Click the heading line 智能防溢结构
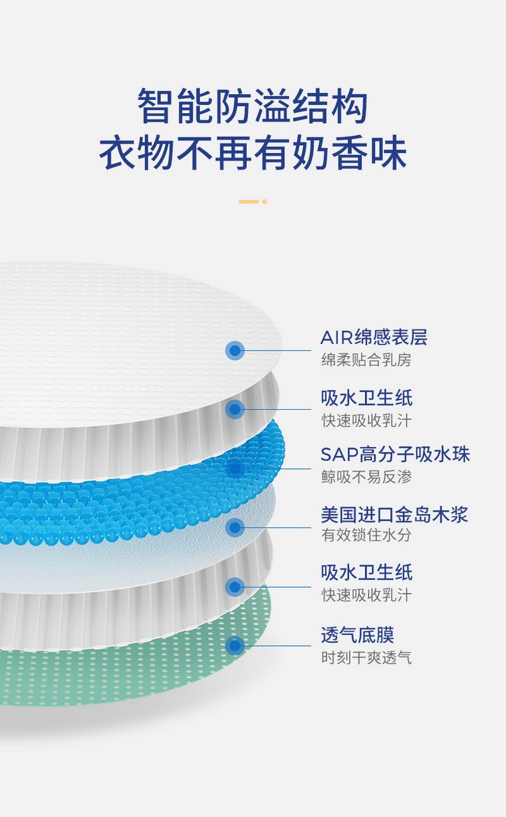pos(252,106)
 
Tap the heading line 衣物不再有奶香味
pos(253,152)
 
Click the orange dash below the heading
pos(249,202)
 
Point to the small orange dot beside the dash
pos(265,202)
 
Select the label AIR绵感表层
pos(374,337)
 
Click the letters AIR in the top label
pos(337,337)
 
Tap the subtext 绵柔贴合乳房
pos(366,360)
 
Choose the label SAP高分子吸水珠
pos(395,454)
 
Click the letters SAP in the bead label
pos(339,455)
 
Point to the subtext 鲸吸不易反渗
pos(366,477)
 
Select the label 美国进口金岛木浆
pos(395,515)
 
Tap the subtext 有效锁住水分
pos(366,535)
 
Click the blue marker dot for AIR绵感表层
pos(235,350)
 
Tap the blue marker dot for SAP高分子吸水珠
pos(235,468)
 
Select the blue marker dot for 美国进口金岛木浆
pos(235,528)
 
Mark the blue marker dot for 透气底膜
pos(235,646)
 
